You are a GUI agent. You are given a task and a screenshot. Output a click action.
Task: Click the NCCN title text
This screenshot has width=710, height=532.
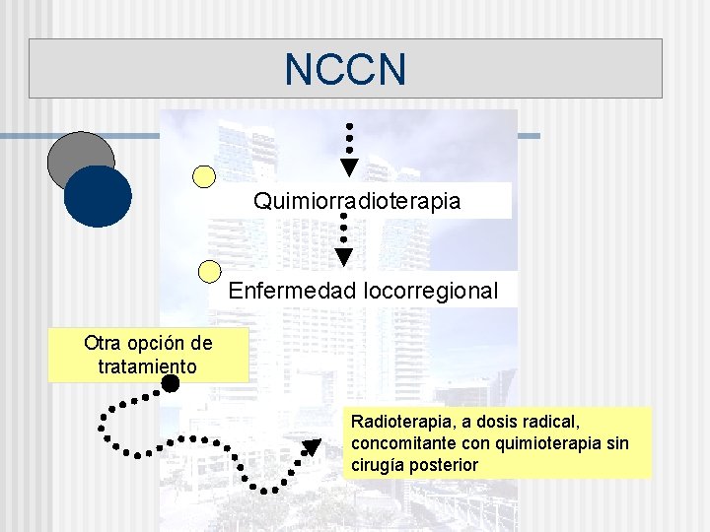coord(345,69)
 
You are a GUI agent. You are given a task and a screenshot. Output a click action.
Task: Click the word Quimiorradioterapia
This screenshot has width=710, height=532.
coord(357,201)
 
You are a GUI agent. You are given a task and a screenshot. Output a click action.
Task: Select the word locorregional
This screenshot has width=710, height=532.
coord(430,292)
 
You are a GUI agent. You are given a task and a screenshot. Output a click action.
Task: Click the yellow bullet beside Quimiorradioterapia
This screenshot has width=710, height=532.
coord(204,176)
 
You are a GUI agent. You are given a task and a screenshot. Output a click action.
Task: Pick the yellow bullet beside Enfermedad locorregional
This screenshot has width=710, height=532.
coord(210,271)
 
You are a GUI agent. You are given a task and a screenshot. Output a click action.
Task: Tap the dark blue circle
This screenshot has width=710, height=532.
coord(98,196)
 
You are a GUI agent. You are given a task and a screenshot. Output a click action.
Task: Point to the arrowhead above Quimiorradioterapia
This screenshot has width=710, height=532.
coord(349,166)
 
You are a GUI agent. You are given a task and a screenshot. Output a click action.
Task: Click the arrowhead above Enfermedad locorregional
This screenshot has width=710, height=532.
coord(343,257)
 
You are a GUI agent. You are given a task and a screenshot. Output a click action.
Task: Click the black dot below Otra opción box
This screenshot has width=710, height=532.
coord(171,383)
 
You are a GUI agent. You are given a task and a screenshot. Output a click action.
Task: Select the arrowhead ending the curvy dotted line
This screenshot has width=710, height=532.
coord(311,448)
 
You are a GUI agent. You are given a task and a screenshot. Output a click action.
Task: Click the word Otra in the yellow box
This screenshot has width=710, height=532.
coord(103,344)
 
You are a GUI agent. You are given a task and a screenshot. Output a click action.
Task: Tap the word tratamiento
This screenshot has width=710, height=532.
coord(148,366)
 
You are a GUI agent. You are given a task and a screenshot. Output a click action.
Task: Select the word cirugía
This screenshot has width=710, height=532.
coord(380,465)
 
